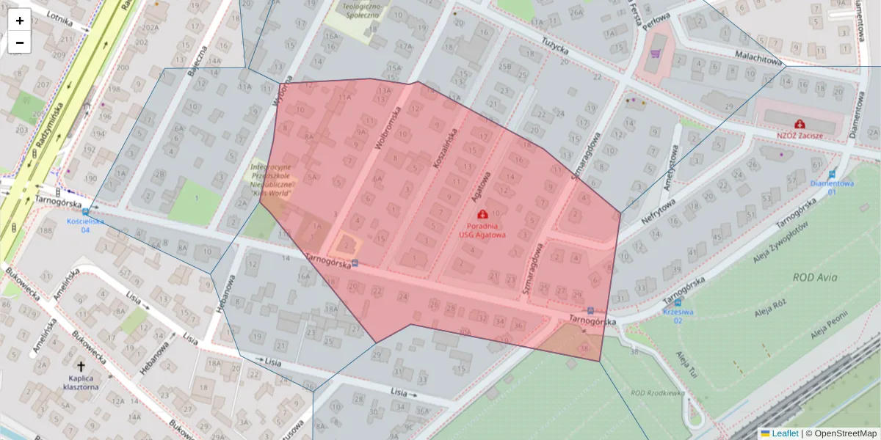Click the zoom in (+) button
click(x=19, y=21)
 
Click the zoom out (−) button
click(x=19, y=43)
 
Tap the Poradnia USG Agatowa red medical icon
click(x=482, y=214)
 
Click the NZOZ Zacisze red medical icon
click(x=799, y=125)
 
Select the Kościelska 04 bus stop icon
click(x=85, y=212)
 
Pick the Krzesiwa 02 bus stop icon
click(x=677, y=302)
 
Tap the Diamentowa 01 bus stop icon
click(x=832, y=175)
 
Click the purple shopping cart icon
click(x=655, y=53)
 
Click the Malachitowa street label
click(x=759, y=58)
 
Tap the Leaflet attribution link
click(x=785, y=433)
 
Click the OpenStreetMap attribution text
click(x=845, y=433)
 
